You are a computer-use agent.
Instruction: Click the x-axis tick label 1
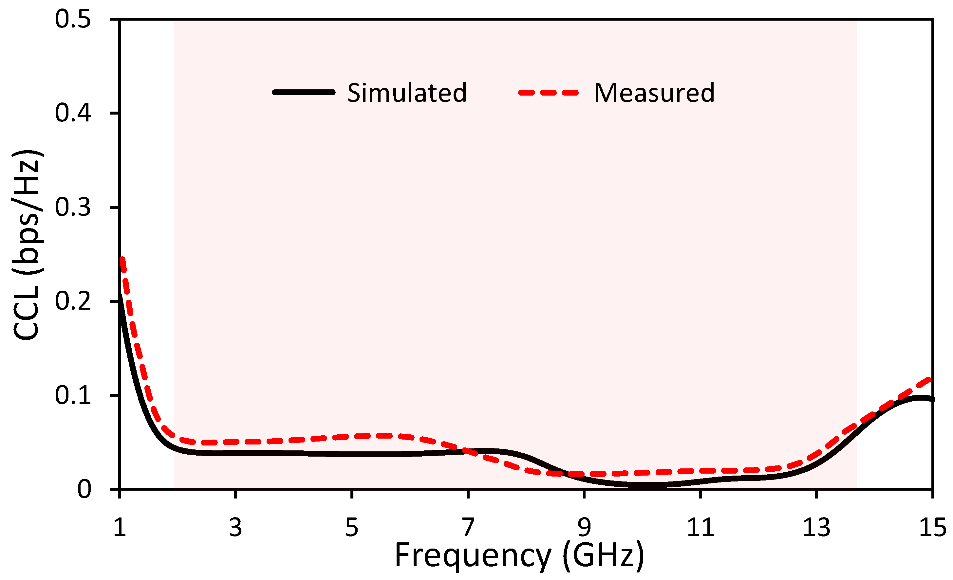pos(120,527)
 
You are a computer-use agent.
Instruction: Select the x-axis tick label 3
pos(235,527)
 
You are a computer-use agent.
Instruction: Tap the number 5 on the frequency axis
pos(352,527)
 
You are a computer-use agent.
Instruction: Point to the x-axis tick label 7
pos(468,527)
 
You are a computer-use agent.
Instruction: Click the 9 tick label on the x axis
pos(584,527)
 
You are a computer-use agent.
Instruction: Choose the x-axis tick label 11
pos(700,527)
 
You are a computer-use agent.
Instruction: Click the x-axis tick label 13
pos(816,527)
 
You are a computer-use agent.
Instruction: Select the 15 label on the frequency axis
pos(932,527)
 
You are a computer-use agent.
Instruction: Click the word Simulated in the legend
pos(407,93)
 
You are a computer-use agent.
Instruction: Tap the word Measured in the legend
pos(654,93)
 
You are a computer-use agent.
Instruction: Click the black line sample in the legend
pos(304,92)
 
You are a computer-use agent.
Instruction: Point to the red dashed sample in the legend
pos(549,92)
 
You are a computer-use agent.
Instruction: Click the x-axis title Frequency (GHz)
pos(519,556)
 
